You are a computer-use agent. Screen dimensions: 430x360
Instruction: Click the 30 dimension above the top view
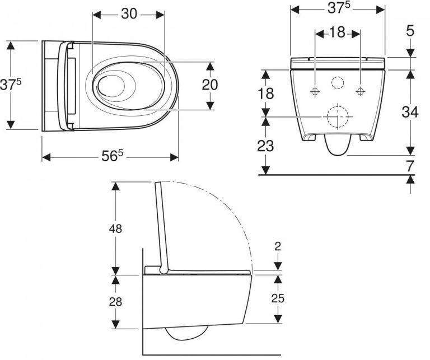(x=129, y=13)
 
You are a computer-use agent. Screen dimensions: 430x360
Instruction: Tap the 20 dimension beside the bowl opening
(x=210, y=85)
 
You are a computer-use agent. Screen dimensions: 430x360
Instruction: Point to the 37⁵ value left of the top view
(x=11, y=84)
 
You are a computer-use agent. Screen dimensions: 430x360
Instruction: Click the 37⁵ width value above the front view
(x=339, y=8)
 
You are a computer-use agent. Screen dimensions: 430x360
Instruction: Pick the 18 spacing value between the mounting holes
(x=337, y=32)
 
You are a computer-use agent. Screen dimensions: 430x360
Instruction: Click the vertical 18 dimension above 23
(x=266, y=93)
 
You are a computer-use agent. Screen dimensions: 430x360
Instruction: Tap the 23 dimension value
(x=265, y=146)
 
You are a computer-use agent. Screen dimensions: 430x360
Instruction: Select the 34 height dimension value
(x=410, y=112)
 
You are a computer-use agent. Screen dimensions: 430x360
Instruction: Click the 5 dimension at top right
(x=410, y=31)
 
